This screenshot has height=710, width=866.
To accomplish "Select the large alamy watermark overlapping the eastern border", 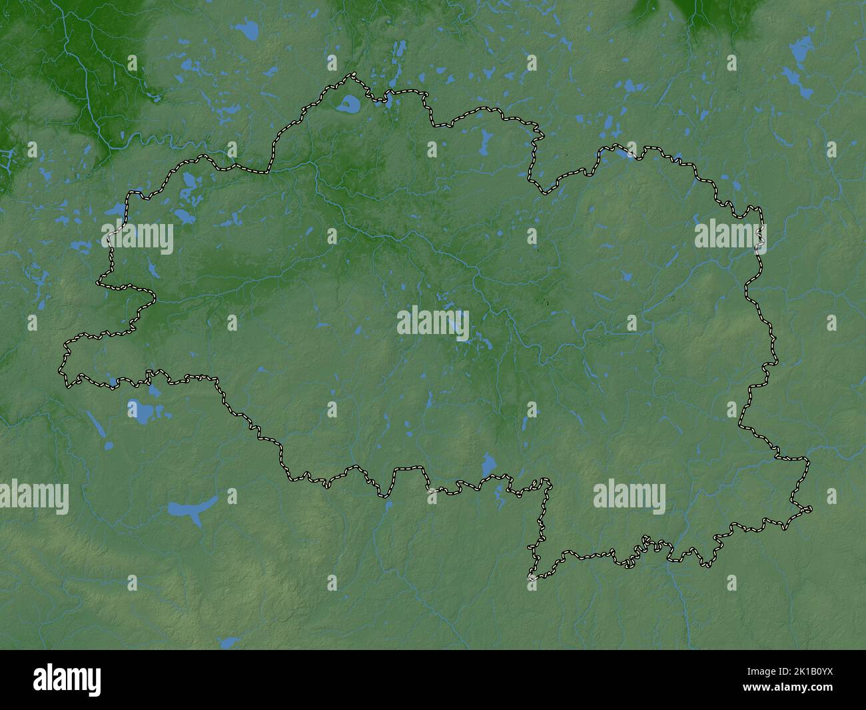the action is pyautogui.click(x=730, y=236).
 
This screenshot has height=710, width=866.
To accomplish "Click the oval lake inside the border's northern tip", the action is pyautogui.click(x=348, y=104).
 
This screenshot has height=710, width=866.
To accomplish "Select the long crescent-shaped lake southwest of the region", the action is pyautogui.click(x=193, y=509).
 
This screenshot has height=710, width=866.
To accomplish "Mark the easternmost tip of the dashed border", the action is pyautogui.click(x=811, y=509).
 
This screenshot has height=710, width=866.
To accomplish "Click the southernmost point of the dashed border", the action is pyautogui.click(x=532, y=577).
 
